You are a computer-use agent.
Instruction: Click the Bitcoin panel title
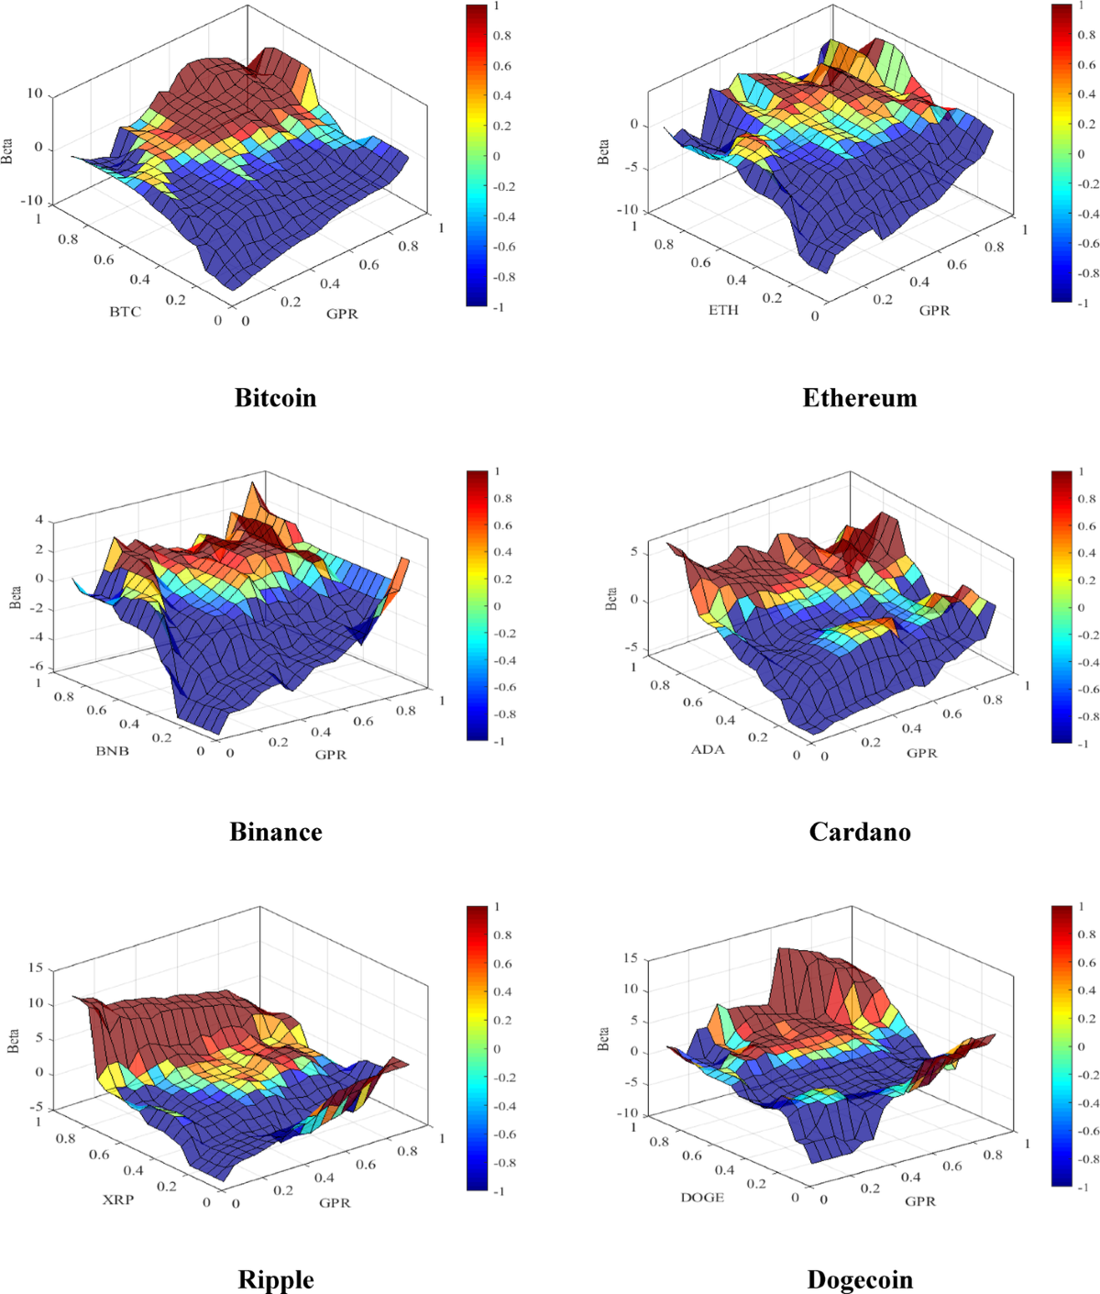275,398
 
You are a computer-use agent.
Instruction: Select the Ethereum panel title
859,398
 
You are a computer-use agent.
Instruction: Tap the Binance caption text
275,832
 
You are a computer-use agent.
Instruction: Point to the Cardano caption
859,832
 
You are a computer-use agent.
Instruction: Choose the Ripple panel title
275,1279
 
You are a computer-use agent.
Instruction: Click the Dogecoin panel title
859,1279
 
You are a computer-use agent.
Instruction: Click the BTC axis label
126,312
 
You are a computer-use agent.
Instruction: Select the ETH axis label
722,310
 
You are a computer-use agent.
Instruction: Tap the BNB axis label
113,751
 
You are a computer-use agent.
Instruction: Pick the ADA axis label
708,749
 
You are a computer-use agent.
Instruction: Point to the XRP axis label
117,1199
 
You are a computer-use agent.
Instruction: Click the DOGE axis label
702,1197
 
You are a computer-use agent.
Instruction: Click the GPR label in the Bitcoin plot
342,314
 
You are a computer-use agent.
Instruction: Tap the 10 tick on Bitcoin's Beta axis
35,94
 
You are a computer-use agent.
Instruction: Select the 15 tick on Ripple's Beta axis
36,968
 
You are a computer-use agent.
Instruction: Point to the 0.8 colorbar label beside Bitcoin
502,36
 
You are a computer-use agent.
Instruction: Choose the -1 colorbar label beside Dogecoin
1082,1187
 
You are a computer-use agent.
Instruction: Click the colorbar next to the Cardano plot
1061,606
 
